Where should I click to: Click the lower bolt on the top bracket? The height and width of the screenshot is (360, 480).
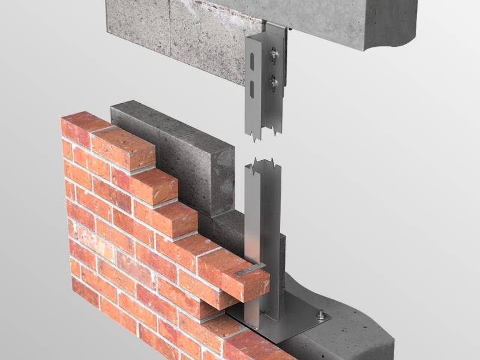coord(274,82)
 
